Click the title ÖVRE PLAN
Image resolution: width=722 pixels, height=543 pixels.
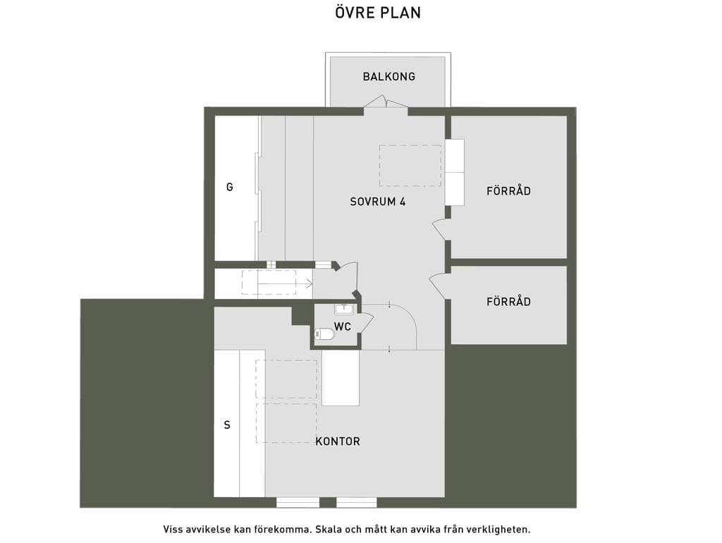(378, 13)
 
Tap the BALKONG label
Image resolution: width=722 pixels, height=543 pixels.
(389, 76)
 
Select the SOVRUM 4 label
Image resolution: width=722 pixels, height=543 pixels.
(378, 202)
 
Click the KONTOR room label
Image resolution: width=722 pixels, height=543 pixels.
(338, 441)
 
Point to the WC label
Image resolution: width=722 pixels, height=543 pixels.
(343, 327)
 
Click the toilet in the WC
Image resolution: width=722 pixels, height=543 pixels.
(324, 334)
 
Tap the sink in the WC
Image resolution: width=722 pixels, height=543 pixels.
(343, 309)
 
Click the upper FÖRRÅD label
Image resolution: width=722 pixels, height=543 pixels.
(508, 190)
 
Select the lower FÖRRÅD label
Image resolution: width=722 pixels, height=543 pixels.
(508, 302)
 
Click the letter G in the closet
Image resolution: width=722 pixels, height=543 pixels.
(229, 187)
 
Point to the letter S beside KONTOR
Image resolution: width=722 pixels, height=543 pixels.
(227, 425)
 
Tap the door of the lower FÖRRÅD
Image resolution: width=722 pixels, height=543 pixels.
(439, 286)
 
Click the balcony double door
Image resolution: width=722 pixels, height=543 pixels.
(386, 102)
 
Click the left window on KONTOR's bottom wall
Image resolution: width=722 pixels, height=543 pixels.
(298, 503)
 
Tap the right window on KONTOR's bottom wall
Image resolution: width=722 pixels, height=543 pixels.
(357, 503)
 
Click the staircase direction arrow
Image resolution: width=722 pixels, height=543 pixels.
(285, 283)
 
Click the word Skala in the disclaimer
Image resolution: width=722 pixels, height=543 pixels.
(328, 529)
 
